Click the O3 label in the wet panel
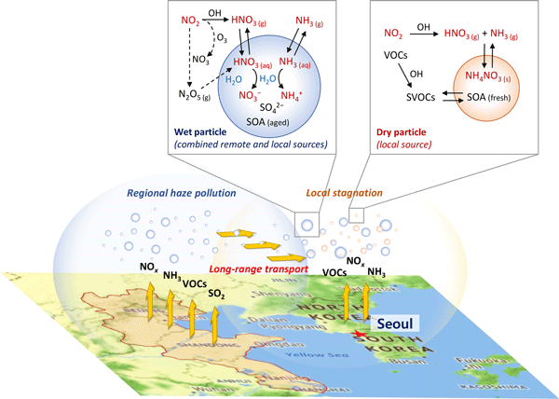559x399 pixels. click(x=223, y=38)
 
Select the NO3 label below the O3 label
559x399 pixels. click(x=200, y=59)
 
